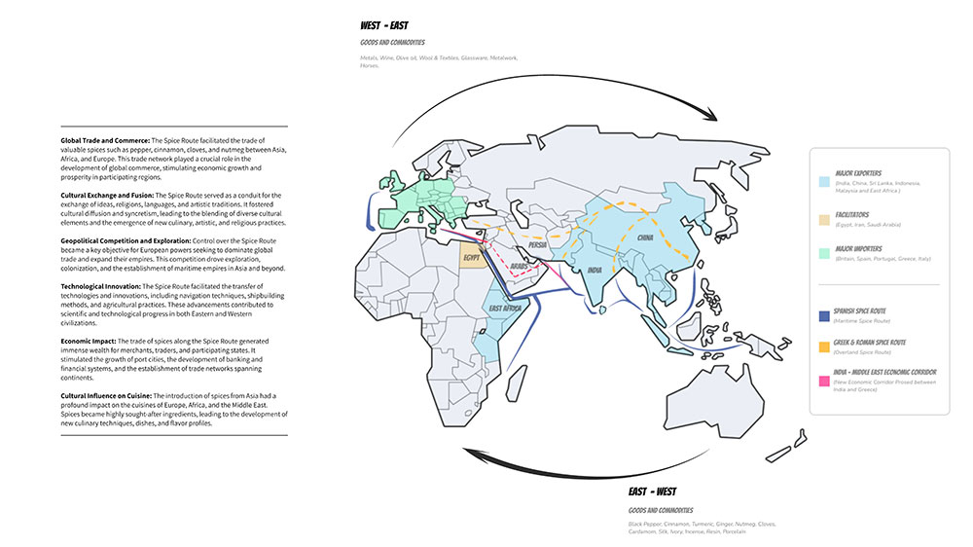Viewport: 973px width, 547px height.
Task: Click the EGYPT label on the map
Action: click(472, 258)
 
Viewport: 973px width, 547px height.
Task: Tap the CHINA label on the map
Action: click(646, 237)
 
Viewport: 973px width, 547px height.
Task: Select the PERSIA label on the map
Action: click(539, 244)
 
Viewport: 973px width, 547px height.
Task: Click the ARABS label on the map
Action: click(520, 266)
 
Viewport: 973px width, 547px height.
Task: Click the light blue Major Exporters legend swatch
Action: click(824, 182)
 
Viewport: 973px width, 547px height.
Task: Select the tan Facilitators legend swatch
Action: click(824, 219)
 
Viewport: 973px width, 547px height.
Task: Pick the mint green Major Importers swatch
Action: click(824, 255)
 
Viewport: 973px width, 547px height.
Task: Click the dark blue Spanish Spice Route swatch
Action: click(824, 315)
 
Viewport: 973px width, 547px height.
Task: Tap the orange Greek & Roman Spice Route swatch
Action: click(824, 346)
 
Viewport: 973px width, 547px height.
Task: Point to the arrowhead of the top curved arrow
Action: click(710, 117)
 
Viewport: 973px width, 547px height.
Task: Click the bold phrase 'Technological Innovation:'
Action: click(100, 286)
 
